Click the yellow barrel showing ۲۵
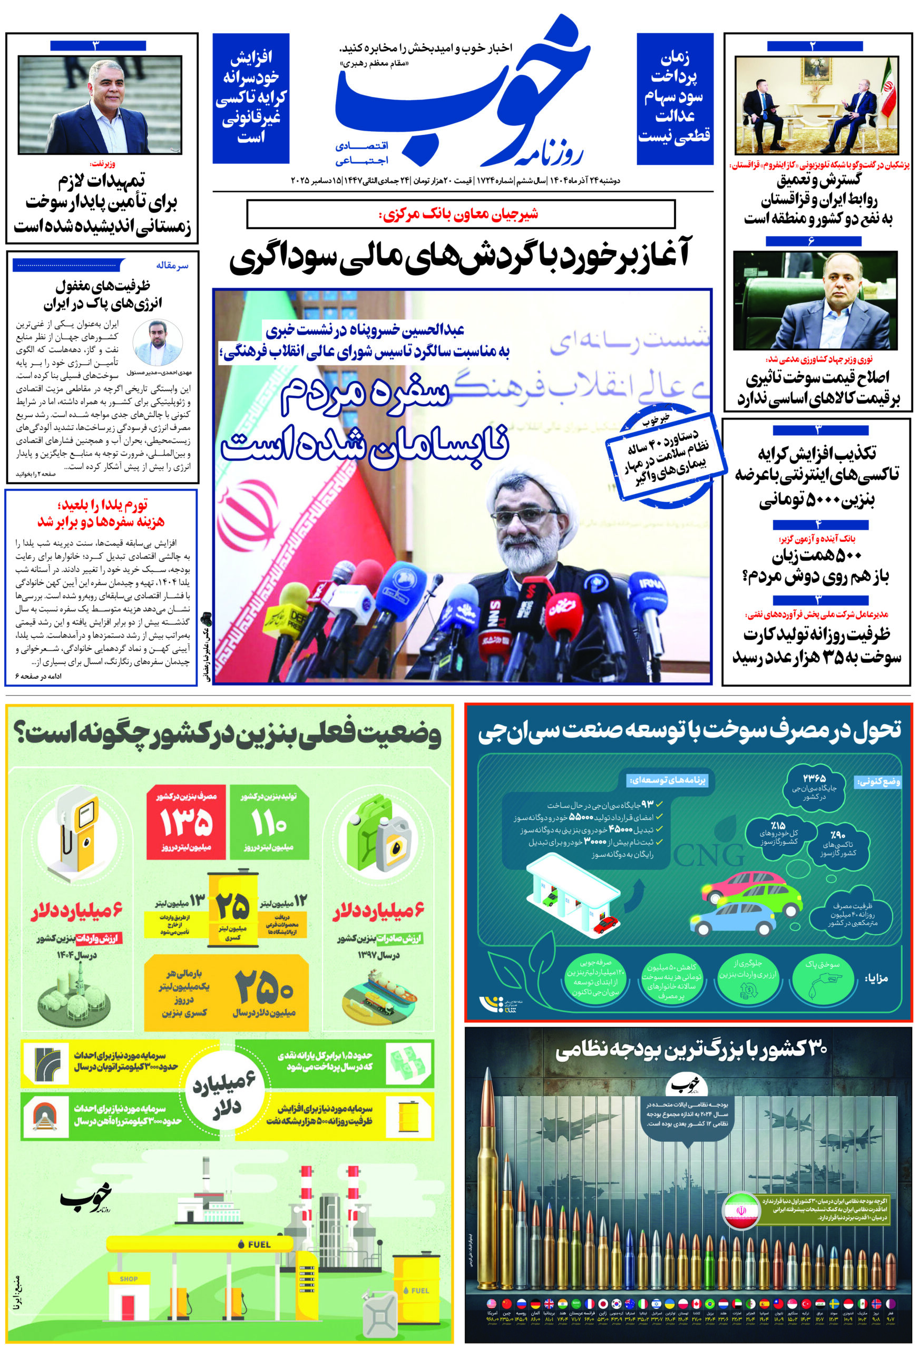tap(233, 910)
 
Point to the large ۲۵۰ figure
tap(264, 989)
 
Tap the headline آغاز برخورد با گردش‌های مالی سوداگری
tap(460, 258)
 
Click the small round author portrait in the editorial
tap(158, 343)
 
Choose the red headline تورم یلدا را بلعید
tap(102, 512)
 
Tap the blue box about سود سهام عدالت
tap(674, 99)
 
